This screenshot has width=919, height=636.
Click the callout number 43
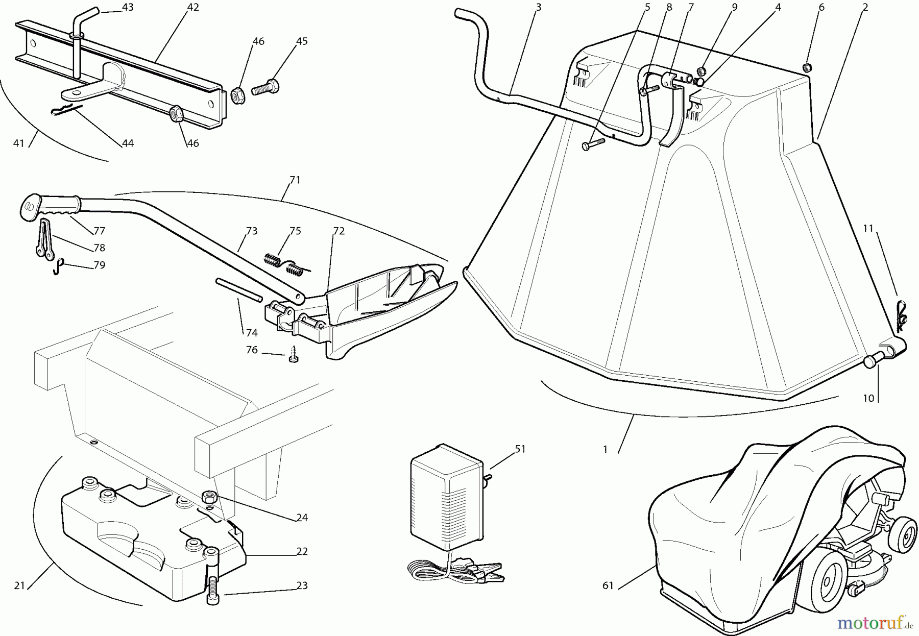(128, 7)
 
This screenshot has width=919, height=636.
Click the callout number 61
(608, 585)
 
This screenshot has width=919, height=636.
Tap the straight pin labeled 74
(239, 288)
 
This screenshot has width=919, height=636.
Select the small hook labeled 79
(58, 266)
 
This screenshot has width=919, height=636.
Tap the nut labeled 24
(209, 496)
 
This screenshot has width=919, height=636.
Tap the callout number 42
(192, 7)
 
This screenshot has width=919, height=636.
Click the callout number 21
(20, 585)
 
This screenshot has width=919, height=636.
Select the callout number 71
(295, 180)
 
